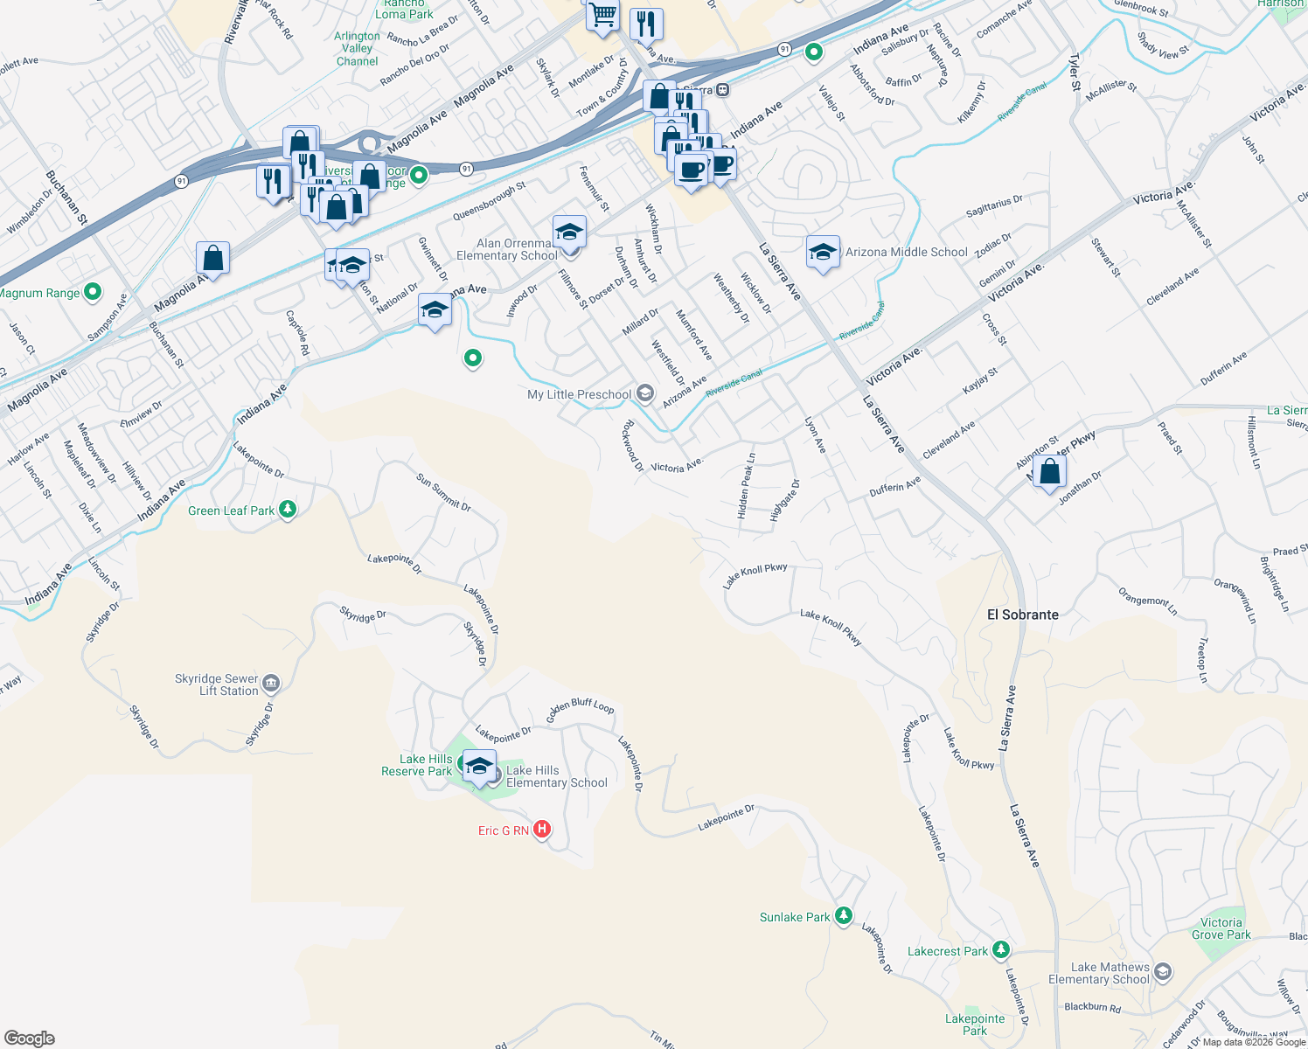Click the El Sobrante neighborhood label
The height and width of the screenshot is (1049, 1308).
coord(1022,615)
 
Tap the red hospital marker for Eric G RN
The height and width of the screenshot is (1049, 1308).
coord(542,829)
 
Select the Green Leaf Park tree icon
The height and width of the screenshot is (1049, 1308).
coord(288,510)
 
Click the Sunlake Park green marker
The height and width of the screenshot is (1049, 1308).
coord(843,916)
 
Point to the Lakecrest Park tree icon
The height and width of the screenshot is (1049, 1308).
coord(1001,950)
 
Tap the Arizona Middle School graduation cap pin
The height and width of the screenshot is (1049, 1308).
coord(823,253)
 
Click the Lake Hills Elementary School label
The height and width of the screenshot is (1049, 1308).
coord(556,776)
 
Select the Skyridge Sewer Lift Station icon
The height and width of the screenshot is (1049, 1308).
coord(271,683)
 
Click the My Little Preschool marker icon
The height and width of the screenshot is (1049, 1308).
coord(644,393)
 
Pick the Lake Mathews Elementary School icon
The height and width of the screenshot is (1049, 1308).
coord(1162,971)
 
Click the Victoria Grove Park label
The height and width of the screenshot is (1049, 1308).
coord(1221,928)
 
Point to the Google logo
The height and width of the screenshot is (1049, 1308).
coord(30,1039)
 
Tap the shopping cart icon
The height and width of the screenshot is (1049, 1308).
coord(602,15)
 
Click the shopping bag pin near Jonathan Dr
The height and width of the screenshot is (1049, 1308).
coord(1049,473)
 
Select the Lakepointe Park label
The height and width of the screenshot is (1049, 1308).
coord(975,1025)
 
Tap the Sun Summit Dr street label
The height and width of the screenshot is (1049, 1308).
coord(443,492)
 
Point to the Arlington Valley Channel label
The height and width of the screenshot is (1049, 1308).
coord(357,49)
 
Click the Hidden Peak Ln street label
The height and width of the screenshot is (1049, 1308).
coord(746,486)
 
